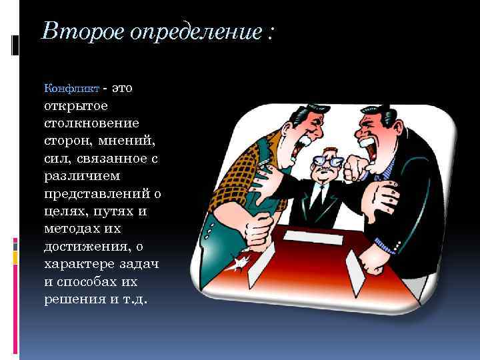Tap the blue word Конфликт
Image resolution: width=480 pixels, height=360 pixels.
click(71, 89)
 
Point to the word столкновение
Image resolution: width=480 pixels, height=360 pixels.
click(91, 123)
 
